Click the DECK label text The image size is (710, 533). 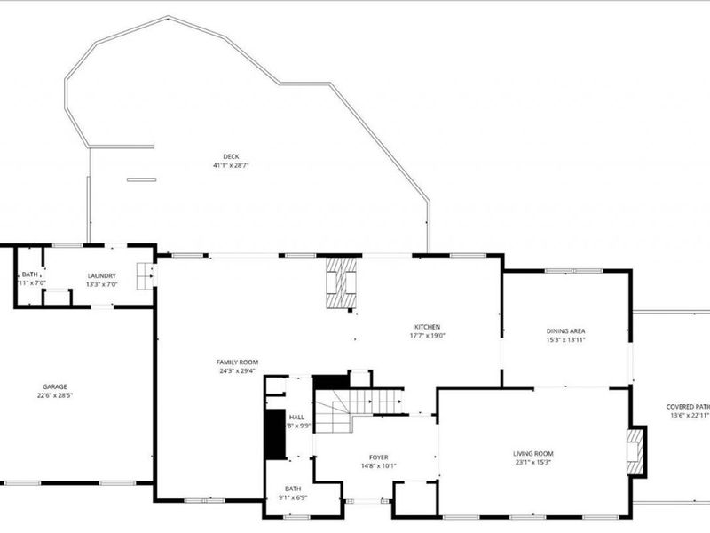click(231, 156)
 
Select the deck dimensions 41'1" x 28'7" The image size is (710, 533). click(231, 165)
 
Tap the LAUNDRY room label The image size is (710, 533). click(101, 275)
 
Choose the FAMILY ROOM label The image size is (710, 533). click(237, 362)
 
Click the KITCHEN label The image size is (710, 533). click(427, 327)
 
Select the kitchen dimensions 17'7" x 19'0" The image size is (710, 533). click(427, 336)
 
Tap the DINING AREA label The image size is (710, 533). click(565, 331)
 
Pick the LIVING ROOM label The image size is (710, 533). click(533, 454)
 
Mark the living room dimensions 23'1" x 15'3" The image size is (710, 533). click(533, 463)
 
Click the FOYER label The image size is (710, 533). click(379, 457)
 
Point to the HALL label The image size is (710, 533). click(296, 416)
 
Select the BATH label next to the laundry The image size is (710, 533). click(28, 274)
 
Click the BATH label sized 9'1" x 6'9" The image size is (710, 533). click(293, 489)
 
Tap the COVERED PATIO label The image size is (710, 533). click(688, 407)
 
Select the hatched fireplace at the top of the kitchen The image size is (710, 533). click(340, 282)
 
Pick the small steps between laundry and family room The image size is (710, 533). click(143, 275)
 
